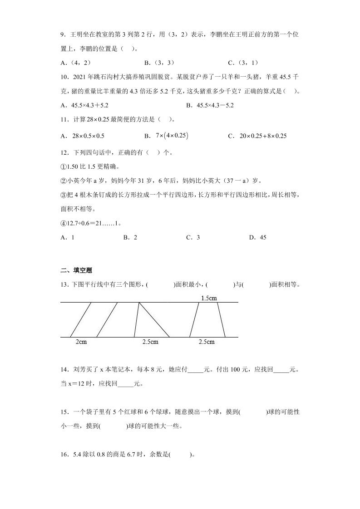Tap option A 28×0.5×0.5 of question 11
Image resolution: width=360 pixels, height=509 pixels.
(82, 136)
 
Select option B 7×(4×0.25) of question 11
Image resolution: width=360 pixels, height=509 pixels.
(166, 136)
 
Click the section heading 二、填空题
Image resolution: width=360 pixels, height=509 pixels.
(76, 270)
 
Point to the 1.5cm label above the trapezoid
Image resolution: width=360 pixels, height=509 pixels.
(209, 298)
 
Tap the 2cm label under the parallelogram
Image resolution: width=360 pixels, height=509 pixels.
(81, 342)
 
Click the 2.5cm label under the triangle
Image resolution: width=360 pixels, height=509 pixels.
(150, 342)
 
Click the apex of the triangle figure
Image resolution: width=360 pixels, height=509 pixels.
(138, 303)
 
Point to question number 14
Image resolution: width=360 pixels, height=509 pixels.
(64, 370)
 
